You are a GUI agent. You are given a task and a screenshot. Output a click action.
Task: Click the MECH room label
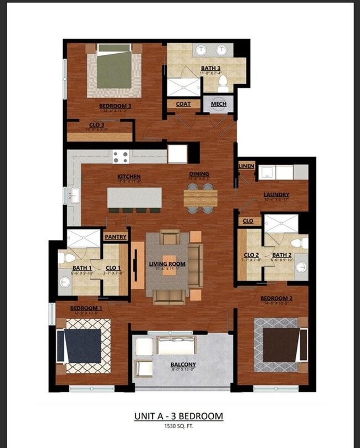(218, 104)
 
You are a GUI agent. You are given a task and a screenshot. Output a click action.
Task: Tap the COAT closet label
(183, 104)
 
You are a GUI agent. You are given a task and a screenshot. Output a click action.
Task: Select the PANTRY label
(116, 236)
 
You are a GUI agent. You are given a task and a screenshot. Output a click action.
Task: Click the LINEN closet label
(246, 166)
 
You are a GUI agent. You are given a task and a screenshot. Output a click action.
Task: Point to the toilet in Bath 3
(223, 84)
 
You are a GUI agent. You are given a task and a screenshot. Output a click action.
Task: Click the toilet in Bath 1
(63, 258)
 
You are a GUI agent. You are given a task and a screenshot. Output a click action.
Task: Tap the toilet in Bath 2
(302, 243)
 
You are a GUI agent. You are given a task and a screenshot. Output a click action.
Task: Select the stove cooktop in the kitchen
(121, 157)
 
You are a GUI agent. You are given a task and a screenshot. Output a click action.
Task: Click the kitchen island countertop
(135, 197)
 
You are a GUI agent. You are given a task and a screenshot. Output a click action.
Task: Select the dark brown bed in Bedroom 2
(280, 345)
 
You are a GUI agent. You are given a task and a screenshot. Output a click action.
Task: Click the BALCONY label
(183, 364)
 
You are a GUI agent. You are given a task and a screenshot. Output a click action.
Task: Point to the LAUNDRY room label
(276, 194)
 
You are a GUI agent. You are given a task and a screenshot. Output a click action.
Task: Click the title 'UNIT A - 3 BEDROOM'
(178, 416)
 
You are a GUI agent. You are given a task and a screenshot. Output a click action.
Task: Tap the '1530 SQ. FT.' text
(178, 426)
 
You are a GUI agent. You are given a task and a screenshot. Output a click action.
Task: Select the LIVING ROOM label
(167, 264)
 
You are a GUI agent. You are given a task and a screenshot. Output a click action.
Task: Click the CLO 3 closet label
(97, 125)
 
